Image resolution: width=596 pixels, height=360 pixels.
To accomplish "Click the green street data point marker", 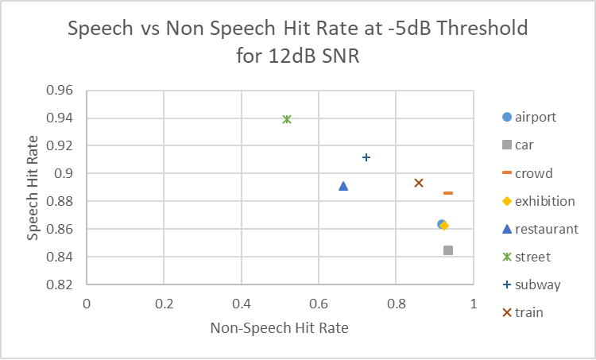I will tap(287, 119).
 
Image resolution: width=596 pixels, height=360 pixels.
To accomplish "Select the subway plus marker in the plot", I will tap(366, 157).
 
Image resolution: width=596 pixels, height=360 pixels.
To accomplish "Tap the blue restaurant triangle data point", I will tap(343, 186).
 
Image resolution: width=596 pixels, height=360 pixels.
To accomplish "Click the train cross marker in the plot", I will tap(419, 183).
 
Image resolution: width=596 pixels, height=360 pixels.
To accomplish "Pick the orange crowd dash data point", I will tap(448, 192).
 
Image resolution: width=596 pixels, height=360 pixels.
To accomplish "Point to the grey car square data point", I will tap(448, 250).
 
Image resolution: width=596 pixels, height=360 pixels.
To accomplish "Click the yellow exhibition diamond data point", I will tap(445, 226).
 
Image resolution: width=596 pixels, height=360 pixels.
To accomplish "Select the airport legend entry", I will tap(535, 118).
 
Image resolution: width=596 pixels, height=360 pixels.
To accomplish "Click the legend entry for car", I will tap(524, 145).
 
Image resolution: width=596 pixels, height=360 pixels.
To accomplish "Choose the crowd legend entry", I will tap(533, 173).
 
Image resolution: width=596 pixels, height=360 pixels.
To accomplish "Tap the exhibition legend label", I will tap(544, 201).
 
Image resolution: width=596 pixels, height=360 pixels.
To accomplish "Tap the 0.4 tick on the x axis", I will tap(242, 304).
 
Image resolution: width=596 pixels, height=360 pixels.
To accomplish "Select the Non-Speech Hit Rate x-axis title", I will tap(279, 327).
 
